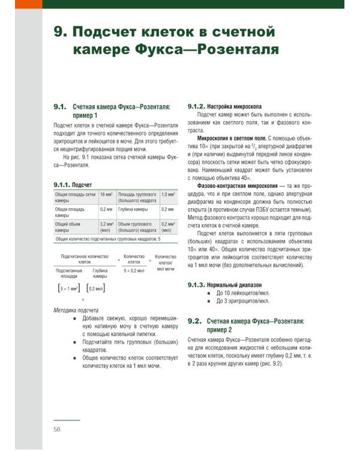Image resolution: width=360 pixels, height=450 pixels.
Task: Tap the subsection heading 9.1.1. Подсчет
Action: tap(73, 185)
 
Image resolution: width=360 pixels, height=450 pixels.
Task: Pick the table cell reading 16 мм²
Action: tap(106, 194)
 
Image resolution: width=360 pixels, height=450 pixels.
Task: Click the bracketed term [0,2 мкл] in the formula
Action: tap(95, 288)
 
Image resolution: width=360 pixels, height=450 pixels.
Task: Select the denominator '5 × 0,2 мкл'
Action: tap(134, 271)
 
